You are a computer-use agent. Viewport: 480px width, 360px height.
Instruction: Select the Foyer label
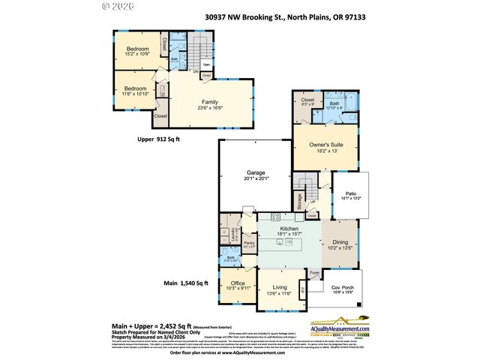pos(315,273)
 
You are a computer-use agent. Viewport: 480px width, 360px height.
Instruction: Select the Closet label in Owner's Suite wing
pos(307,100)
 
